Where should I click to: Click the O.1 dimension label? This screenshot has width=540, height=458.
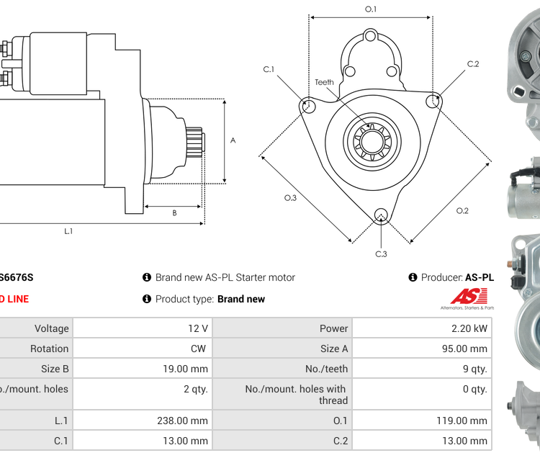click(x=371, y=9)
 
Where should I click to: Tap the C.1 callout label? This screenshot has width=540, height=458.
click(x=269, y=69)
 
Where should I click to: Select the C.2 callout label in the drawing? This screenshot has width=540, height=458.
click(x=472, y=64)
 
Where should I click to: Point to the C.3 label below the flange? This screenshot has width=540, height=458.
click(x=381, y=253)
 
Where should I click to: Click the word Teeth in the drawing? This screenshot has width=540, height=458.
click(x=324, y=82)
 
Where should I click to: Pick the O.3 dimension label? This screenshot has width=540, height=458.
click(x=290, y=197)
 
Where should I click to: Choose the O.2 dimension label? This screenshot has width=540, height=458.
click(x=462, y=210)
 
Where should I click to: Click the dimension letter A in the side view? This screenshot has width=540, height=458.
click(x=233, y=140)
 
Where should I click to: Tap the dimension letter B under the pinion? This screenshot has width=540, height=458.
click(x=174, y=213)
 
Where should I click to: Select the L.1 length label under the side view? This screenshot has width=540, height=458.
click(x=68, y=231)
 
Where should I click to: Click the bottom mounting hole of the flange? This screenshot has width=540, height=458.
click(x=381, y=214)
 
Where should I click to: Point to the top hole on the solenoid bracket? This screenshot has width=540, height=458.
click(x=370, y=35)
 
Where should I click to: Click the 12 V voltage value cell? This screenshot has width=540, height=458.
click(x=143, y=328)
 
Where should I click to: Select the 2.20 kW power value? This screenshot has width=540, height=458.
click(x=422, y=328)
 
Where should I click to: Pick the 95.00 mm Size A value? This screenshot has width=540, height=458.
click(x=422, y=349)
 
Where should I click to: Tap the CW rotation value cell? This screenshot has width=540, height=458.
click(x=143, y=349)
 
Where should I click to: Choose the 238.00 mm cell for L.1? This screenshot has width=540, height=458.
click(x=143, y=421)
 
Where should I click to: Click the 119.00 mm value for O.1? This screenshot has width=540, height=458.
click(x=422, y=421)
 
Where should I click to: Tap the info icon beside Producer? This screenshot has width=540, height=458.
click(x=413, y=277)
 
